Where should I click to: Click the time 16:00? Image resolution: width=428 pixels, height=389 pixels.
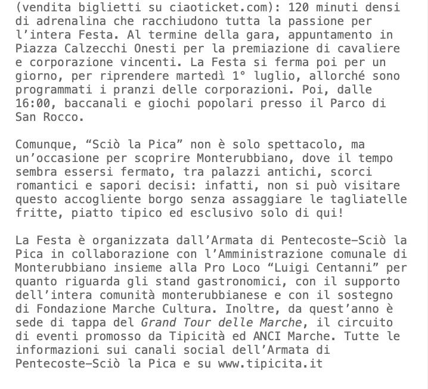(32, 104)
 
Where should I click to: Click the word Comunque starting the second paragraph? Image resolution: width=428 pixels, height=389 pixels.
(43, 145)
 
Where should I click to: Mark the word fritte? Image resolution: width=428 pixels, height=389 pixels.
(36, 213)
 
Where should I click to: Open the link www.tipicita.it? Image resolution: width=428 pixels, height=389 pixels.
(269, 363)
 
